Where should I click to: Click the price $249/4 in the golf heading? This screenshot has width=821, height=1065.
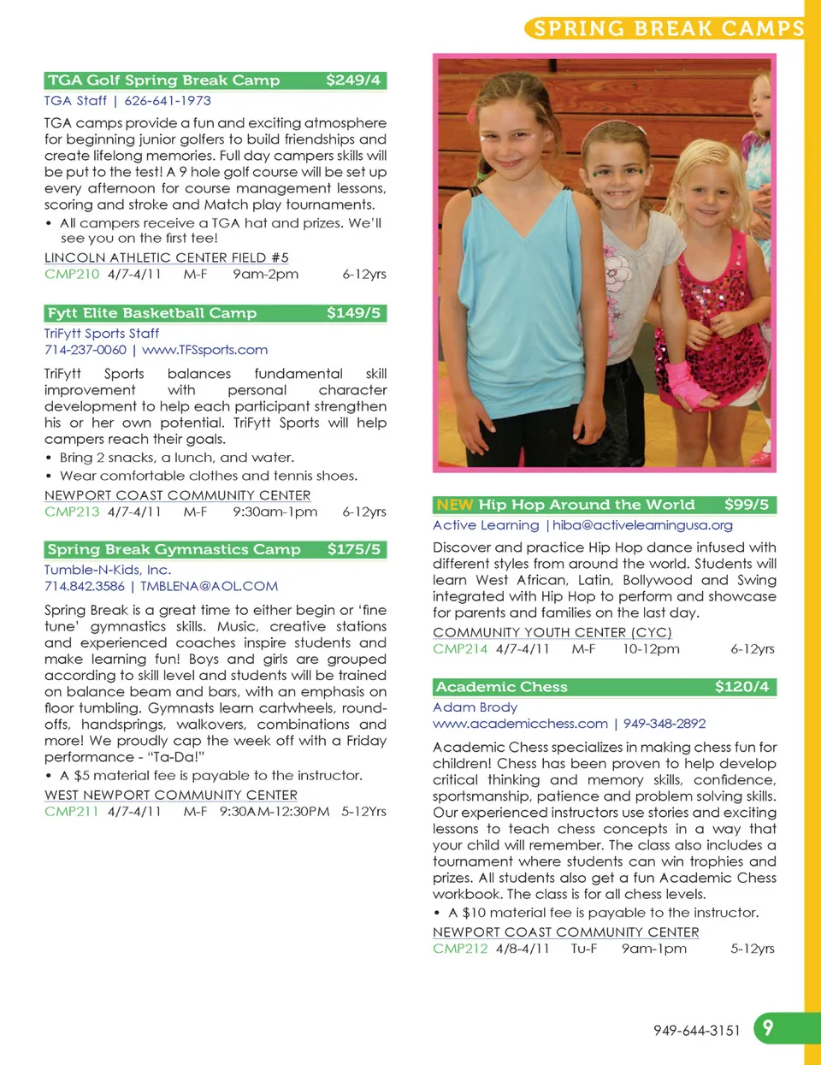point(353,80)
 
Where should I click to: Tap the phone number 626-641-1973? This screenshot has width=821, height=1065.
point(168,101)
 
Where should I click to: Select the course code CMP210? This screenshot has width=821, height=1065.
point(72,275)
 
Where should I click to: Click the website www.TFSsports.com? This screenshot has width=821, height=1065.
point(204,350)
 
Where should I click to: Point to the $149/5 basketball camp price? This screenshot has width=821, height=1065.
point(353,313)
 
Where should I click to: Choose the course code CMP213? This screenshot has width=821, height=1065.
point(72,512)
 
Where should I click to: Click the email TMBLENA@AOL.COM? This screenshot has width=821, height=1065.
point(209,586)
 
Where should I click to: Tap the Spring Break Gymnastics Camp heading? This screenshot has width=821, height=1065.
point(174,549)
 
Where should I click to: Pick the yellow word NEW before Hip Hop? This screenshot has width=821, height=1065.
point(454,505)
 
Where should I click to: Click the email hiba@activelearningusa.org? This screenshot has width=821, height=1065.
point(642,525)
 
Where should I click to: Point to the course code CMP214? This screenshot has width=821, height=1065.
point(460,648)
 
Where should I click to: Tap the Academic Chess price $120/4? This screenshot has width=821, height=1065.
point(741,687)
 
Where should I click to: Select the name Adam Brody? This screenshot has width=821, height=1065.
point(475,707)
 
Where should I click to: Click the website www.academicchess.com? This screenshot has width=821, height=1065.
point(520,724)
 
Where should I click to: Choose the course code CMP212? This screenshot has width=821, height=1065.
point(460,949)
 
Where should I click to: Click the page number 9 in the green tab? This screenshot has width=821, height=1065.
point(768,1027)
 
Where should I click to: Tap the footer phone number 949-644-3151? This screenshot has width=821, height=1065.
point(696,1031)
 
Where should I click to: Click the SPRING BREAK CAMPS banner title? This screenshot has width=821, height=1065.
point(669,28)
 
